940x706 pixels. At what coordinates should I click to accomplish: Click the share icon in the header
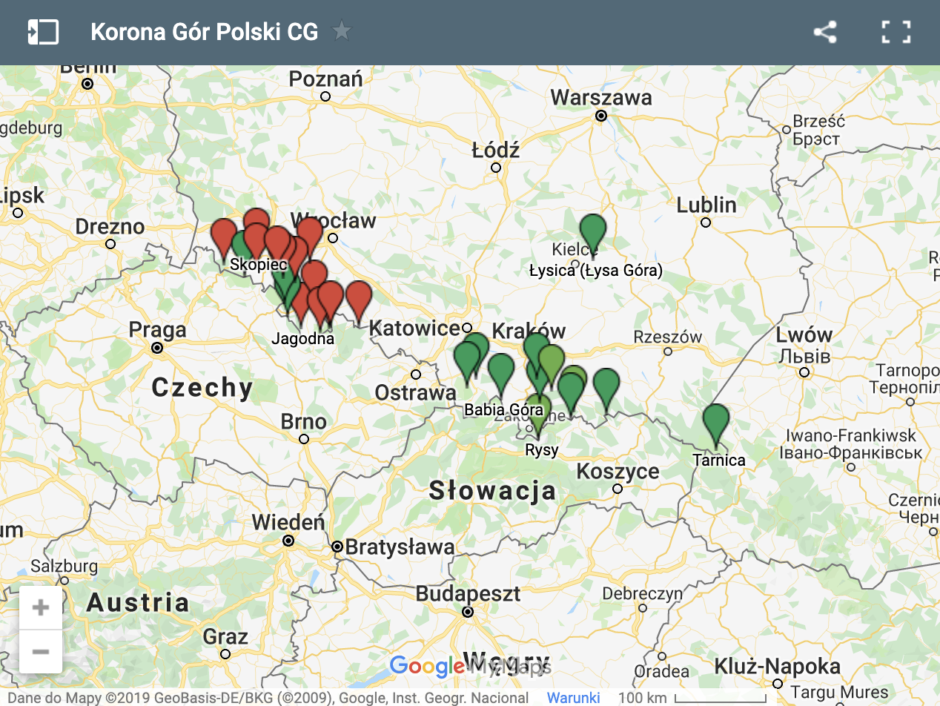click(824, 32)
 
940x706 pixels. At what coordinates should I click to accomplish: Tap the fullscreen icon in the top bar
click(896, 32)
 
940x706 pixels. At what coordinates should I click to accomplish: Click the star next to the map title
click(342, 31)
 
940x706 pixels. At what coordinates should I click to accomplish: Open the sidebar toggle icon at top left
click(43, 32)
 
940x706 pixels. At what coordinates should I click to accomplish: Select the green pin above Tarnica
click(715, 422)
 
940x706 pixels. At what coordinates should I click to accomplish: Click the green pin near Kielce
click(592, 231)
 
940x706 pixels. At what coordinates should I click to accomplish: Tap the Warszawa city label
click(601, 98)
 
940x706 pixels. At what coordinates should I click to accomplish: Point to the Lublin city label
click(706, 205)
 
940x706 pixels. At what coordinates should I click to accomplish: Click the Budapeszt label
click(468, 594)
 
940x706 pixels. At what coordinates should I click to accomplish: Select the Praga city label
click(157, 329)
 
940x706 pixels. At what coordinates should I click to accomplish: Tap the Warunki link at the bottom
click(573, 698)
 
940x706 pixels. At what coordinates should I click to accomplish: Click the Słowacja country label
click(492, 490)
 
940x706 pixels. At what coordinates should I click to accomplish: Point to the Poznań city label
click(325, 79)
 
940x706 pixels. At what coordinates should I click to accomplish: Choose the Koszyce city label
click(618, 471)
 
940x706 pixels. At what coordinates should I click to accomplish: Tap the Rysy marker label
click(541, 450)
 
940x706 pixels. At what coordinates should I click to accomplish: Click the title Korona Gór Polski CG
click(204, 32)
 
